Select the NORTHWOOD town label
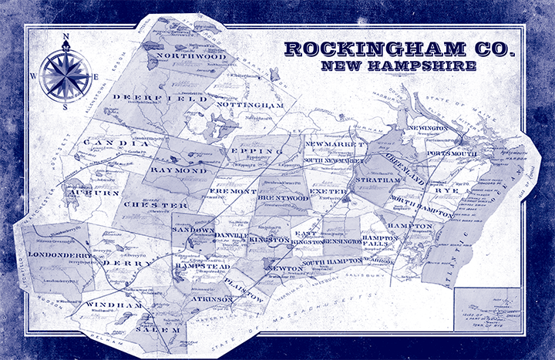191,56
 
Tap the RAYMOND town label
179,169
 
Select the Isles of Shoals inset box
487,309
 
